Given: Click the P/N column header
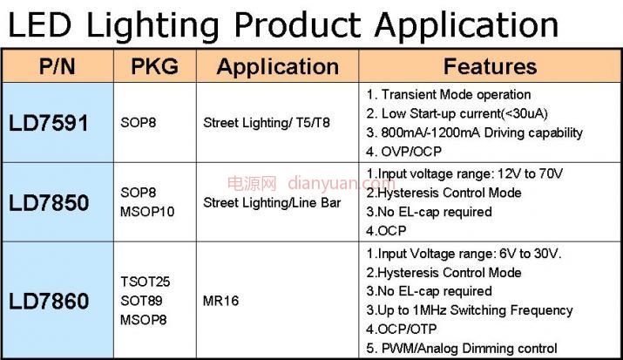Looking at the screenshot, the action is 58,66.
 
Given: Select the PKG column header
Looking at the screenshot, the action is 154,66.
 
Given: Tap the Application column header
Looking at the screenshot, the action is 278,67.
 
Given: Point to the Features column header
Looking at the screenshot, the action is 490,66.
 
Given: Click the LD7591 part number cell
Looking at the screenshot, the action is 49,123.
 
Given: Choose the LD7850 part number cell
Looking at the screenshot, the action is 49,202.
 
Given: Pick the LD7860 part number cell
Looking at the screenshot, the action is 49,301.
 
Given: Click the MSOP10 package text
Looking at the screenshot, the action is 147,212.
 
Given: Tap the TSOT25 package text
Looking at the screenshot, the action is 146,282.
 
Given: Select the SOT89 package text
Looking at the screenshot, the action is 141,301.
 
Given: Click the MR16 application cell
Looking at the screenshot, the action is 221,301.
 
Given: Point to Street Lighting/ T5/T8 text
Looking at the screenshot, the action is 267,123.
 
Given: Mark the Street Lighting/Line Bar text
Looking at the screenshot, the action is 272,202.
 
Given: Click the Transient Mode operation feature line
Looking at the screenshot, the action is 449,94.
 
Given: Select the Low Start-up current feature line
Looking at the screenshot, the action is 457,113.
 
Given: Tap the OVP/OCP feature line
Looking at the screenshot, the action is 404,152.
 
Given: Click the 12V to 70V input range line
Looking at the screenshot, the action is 465,173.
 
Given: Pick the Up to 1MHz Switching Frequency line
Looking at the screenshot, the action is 470,310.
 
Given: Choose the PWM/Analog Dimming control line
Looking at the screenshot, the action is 462,349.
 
